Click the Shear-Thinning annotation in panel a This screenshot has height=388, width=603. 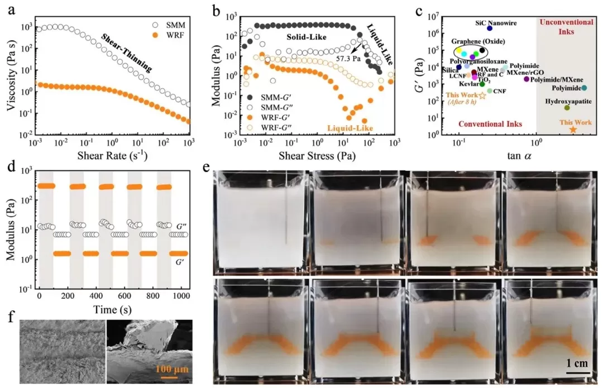127,52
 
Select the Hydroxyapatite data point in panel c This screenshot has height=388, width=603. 567,108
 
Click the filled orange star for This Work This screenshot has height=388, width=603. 572,130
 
